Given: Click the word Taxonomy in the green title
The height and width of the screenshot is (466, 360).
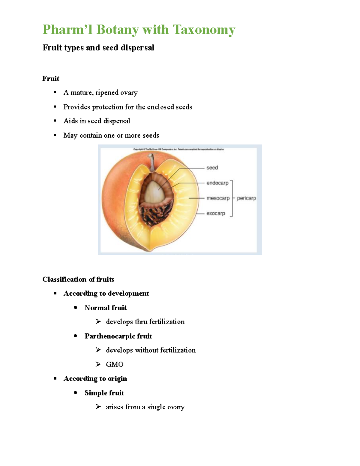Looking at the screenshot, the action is pyautogui.click(x=204, y=30).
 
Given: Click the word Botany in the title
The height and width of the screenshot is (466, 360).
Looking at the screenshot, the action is pyautogui.click(x=118, y=30).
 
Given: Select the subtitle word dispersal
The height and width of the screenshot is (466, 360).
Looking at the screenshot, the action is pyautogui.click(x=137, y=48).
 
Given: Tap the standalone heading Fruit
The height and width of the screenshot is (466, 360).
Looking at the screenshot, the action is pyautogui.click(x=51, y=79).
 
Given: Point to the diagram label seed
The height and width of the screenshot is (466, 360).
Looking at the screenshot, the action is pyautogui.click(x=212, y=168).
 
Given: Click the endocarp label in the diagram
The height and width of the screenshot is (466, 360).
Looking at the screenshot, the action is pyautogui.click(x=217, y=183).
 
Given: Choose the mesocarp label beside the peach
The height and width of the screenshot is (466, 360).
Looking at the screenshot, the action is pyautogui.click(x=218, y=198).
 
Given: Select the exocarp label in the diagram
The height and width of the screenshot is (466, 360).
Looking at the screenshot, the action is pyautogui.click(x=216, y=213).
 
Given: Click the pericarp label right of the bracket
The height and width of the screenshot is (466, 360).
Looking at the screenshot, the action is pyautogui.click(x=246, y=198).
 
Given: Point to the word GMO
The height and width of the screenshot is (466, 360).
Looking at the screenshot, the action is pyautogui.click(x=115, y=364).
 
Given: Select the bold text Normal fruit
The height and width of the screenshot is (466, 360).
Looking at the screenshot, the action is pyautogui.click(x=106, y=308).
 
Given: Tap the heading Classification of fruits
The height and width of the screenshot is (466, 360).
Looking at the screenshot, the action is pyautogui.click(x=78, y=279).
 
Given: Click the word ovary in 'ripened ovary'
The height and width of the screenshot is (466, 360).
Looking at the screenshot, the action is pyautogui.click(x=129, y=93).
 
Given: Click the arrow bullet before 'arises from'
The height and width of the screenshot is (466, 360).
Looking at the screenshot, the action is pyautogui.click(x=98, y=407).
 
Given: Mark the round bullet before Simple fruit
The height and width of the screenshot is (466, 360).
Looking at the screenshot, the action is pyautogui.click(x=76, y=392).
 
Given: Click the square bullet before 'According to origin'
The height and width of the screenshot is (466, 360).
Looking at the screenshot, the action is pyautogui.click(x=55, y=378).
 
